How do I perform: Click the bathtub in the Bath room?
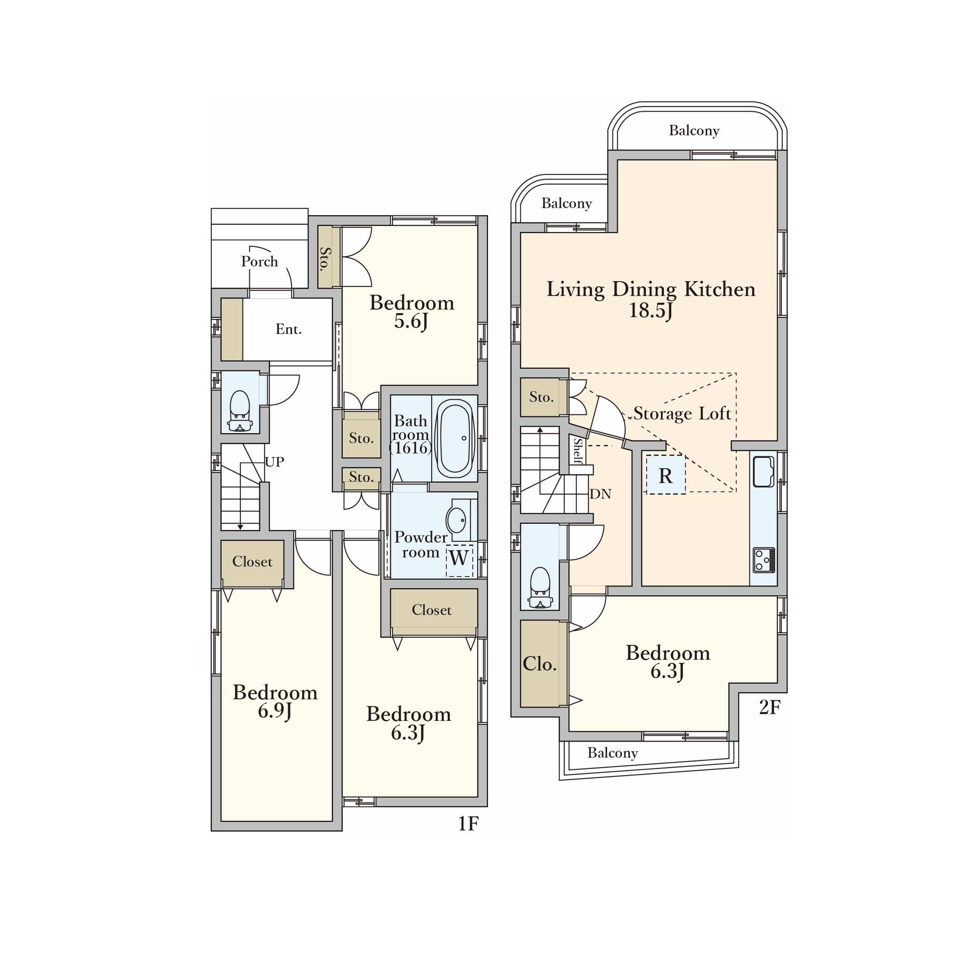point(454,438)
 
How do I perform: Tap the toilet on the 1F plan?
point(240,411)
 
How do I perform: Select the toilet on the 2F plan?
point(540,588)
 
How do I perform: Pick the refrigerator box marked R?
point(665,475)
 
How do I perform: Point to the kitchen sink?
point(763,471)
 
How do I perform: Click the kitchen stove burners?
point(764,560)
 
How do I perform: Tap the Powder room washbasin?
point(456,520)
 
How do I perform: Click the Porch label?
point(260,261)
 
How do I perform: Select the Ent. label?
point(288,329)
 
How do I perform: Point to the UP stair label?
point(274,462)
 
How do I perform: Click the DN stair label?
point(600,493)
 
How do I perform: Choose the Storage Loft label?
point(682,413)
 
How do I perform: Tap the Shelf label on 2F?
point(577,450)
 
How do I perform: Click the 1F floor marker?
point(468,824)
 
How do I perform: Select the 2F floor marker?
point(769,707)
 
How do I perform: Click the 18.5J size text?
point(650,310)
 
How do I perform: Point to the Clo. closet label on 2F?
point(539,664)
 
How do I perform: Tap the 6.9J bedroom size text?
point(275,711)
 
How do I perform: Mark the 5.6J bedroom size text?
point(411,321)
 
